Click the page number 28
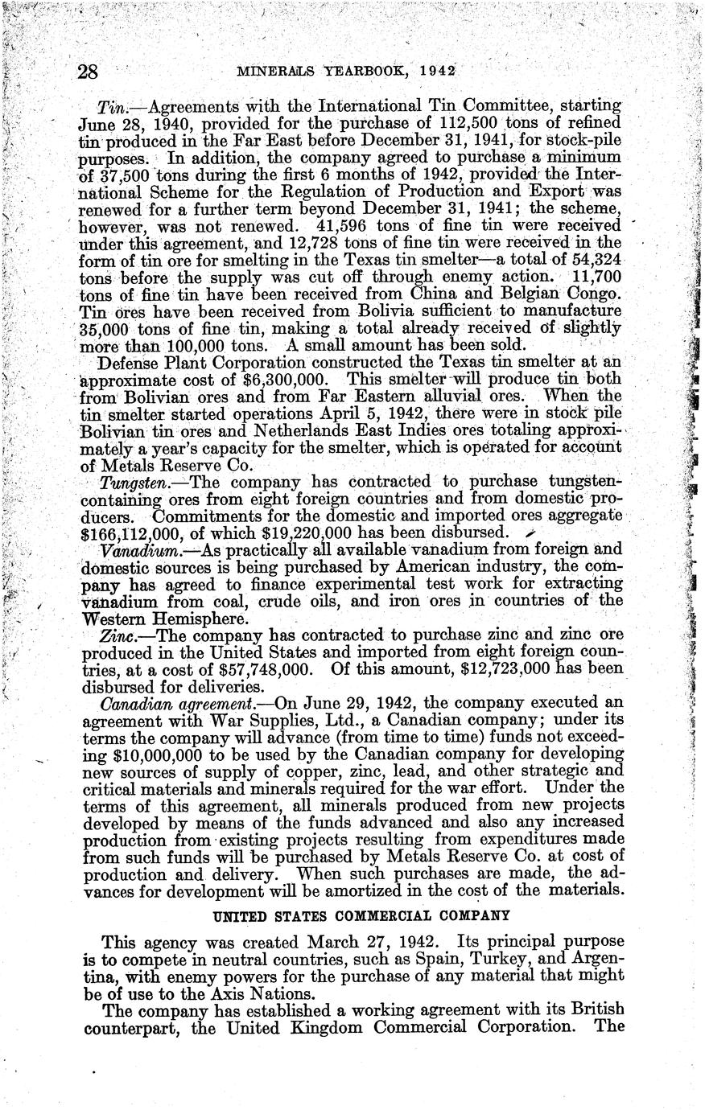coord(86,72)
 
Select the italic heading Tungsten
coord(133,483)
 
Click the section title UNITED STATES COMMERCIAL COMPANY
coord(362,915)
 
